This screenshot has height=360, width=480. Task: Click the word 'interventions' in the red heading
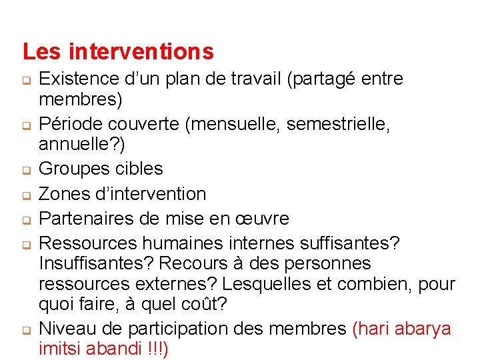tap(141, 51)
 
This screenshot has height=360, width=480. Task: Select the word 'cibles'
tap(139, 169)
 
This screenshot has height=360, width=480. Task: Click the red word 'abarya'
tap(423, 329)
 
